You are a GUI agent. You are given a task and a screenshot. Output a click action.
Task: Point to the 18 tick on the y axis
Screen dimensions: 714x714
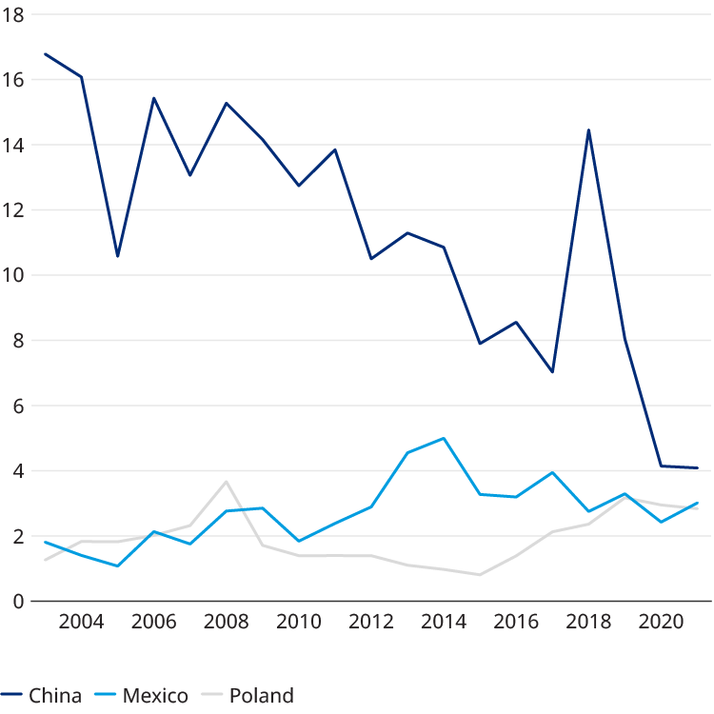tap(14, 15)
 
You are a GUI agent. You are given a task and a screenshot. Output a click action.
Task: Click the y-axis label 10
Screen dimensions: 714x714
tap(14, 275)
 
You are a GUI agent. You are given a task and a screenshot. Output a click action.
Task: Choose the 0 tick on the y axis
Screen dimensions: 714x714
tap(19, 601)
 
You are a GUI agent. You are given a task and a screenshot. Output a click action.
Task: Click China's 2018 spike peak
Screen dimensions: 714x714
tap(588, 130)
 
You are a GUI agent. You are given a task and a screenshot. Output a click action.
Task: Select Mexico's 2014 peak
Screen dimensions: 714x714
tap(444, 438)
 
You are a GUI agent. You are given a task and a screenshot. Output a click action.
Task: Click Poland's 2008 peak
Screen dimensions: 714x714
tap(226, 481)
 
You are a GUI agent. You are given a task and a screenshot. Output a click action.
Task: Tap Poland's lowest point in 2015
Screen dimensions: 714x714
tap(480, 575)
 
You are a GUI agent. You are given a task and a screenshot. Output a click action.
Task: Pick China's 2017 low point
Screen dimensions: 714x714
tap(552, 372)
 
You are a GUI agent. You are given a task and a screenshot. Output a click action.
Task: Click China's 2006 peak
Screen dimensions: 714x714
tap(153, 98)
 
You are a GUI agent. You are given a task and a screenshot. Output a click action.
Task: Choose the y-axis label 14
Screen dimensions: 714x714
tap(14, 146)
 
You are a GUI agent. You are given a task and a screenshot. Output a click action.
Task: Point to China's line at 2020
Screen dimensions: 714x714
tap(661, 466)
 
